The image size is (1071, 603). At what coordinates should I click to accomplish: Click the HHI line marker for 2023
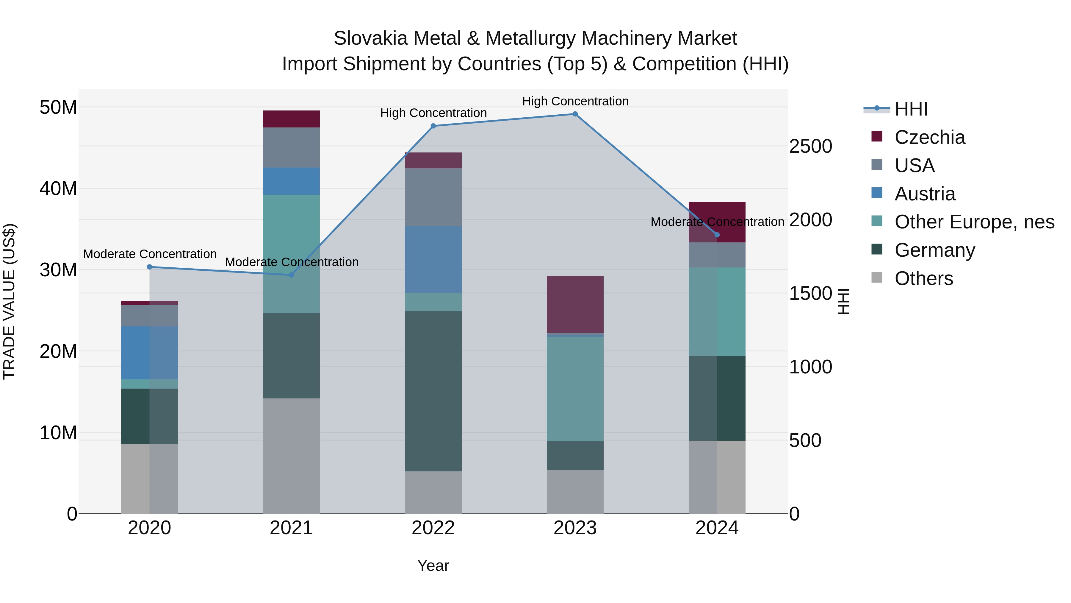575,114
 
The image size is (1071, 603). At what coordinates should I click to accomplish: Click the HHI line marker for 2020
150,267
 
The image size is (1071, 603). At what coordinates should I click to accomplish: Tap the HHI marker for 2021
292,275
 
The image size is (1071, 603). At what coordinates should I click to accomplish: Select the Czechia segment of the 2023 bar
575,304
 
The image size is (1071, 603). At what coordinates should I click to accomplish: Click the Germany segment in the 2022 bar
433,391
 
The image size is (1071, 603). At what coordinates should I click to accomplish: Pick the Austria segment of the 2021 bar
292,181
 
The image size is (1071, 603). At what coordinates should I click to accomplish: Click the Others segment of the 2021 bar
292,456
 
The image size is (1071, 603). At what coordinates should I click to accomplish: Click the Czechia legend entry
929,137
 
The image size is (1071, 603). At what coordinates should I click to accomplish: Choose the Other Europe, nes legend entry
974,222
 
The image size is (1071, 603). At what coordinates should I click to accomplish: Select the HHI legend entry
911,109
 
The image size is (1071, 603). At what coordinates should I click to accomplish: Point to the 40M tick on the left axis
58,188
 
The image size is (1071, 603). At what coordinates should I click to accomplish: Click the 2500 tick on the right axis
810,147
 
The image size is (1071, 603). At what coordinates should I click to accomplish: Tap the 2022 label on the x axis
433,528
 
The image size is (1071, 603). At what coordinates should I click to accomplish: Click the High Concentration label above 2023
575,101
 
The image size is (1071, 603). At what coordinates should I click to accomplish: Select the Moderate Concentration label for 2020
150,254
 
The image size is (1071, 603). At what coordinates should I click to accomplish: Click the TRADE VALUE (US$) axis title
9,301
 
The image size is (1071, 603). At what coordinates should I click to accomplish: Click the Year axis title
433,565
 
